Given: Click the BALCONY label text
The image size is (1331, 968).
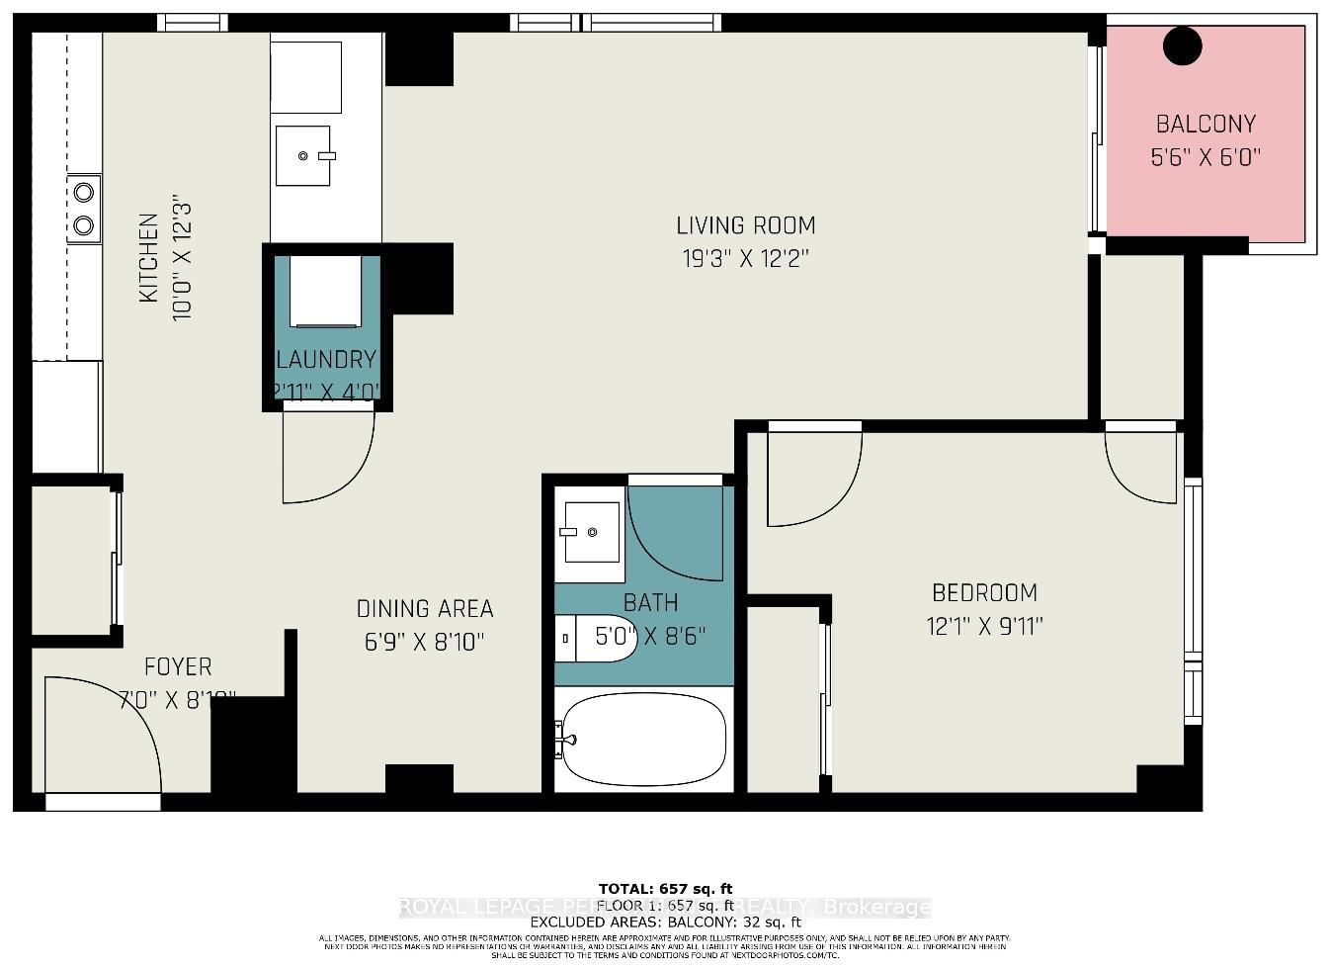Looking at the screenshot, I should [x=1206, y=125].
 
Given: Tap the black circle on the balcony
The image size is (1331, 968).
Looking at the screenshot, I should [x=1182, y=46].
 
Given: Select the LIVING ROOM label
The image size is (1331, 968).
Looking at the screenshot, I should [x=745, y=225].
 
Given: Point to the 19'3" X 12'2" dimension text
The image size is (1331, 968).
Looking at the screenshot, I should [x=745, y=259].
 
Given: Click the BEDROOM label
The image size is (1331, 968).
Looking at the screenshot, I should [x=984, y=593].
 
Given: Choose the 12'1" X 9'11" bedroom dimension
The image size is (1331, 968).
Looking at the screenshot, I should [x=984, y=627].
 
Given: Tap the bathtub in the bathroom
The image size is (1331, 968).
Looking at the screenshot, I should [x=643, y=740].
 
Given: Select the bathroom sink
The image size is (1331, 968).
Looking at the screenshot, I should [x=590, y=533].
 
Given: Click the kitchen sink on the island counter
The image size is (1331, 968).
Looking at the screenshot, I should [x=303, y=156].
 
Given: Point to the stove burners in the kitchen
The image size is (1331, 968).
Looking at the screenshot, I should [x=84, y=209].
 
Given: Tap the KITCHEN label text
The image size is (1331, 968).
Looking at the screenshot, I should [x=148, y=258].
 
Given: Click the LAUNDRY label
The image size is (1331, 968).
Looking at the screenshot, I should [x=326, y=360].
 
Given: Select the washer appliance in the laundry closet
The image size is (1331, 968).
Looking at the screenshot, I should [x=325, y=291].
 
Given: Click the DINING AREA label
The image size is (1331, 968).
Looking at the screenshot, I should [x=425, y=609].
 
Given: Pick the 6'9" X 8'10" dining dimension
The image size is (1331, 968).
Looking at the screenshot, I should [x=425, y=643].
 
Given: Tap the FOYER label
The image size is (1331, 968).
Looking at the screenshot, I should [x=178, y=667].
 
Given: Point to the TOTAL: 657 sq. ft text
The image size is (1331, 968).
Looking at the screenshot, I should [x=665, y=889].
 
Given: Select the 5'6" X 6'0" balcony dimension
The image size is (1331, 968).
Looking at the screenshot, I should [x=1206, y=157].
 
